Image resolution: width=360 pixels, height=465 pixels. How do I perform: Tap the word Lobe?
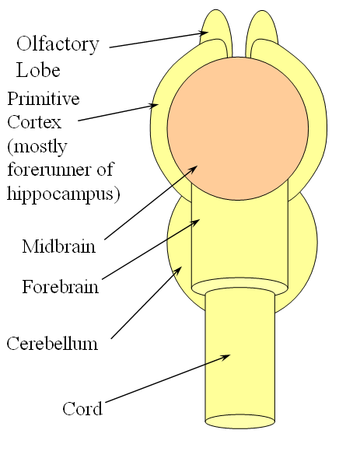38,70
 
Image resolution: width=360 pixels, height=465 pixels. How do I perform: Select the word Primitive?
44,99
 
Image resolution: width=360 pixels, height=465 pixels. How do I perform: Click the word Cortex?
34,122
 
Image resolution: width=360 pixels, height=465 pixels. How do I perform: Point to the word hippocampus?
64,194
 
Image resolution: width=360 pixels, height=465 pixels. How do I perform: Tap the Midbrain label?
59,246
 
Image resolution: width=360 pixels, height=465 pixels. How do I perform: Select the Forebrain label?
60,287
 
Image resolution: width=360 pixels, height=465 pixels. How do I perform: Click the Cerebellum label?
52,344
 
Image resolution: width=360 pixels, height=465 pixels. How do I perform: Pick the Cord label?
82,408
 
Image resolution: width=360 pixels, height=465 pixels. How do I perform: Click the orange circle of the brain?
238,128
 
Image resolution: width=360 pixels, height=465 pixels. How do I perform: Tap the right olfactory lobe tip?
262,12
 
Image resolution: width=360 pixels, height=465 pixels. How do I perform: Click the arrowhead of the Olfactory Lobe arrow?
204,33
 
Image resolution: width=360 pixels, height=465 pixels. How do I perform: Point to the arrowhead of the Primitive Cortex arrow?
154,105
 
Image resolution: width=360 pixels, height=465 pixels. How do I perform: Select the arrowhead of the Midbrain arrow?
194,169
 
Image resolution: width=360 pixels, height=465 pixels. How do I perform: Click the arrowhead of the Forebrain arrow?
196,222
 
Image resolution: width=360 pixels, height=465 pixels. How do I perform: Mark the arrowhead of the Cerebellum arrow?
179,270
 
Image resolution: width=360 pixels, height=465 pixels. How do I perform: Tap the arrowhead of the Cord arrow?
226,356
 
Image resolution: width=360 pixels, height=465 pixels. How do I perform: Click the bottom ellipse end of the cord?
240,421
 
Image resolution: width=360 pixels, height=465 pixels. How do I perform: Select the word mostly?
37,147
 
